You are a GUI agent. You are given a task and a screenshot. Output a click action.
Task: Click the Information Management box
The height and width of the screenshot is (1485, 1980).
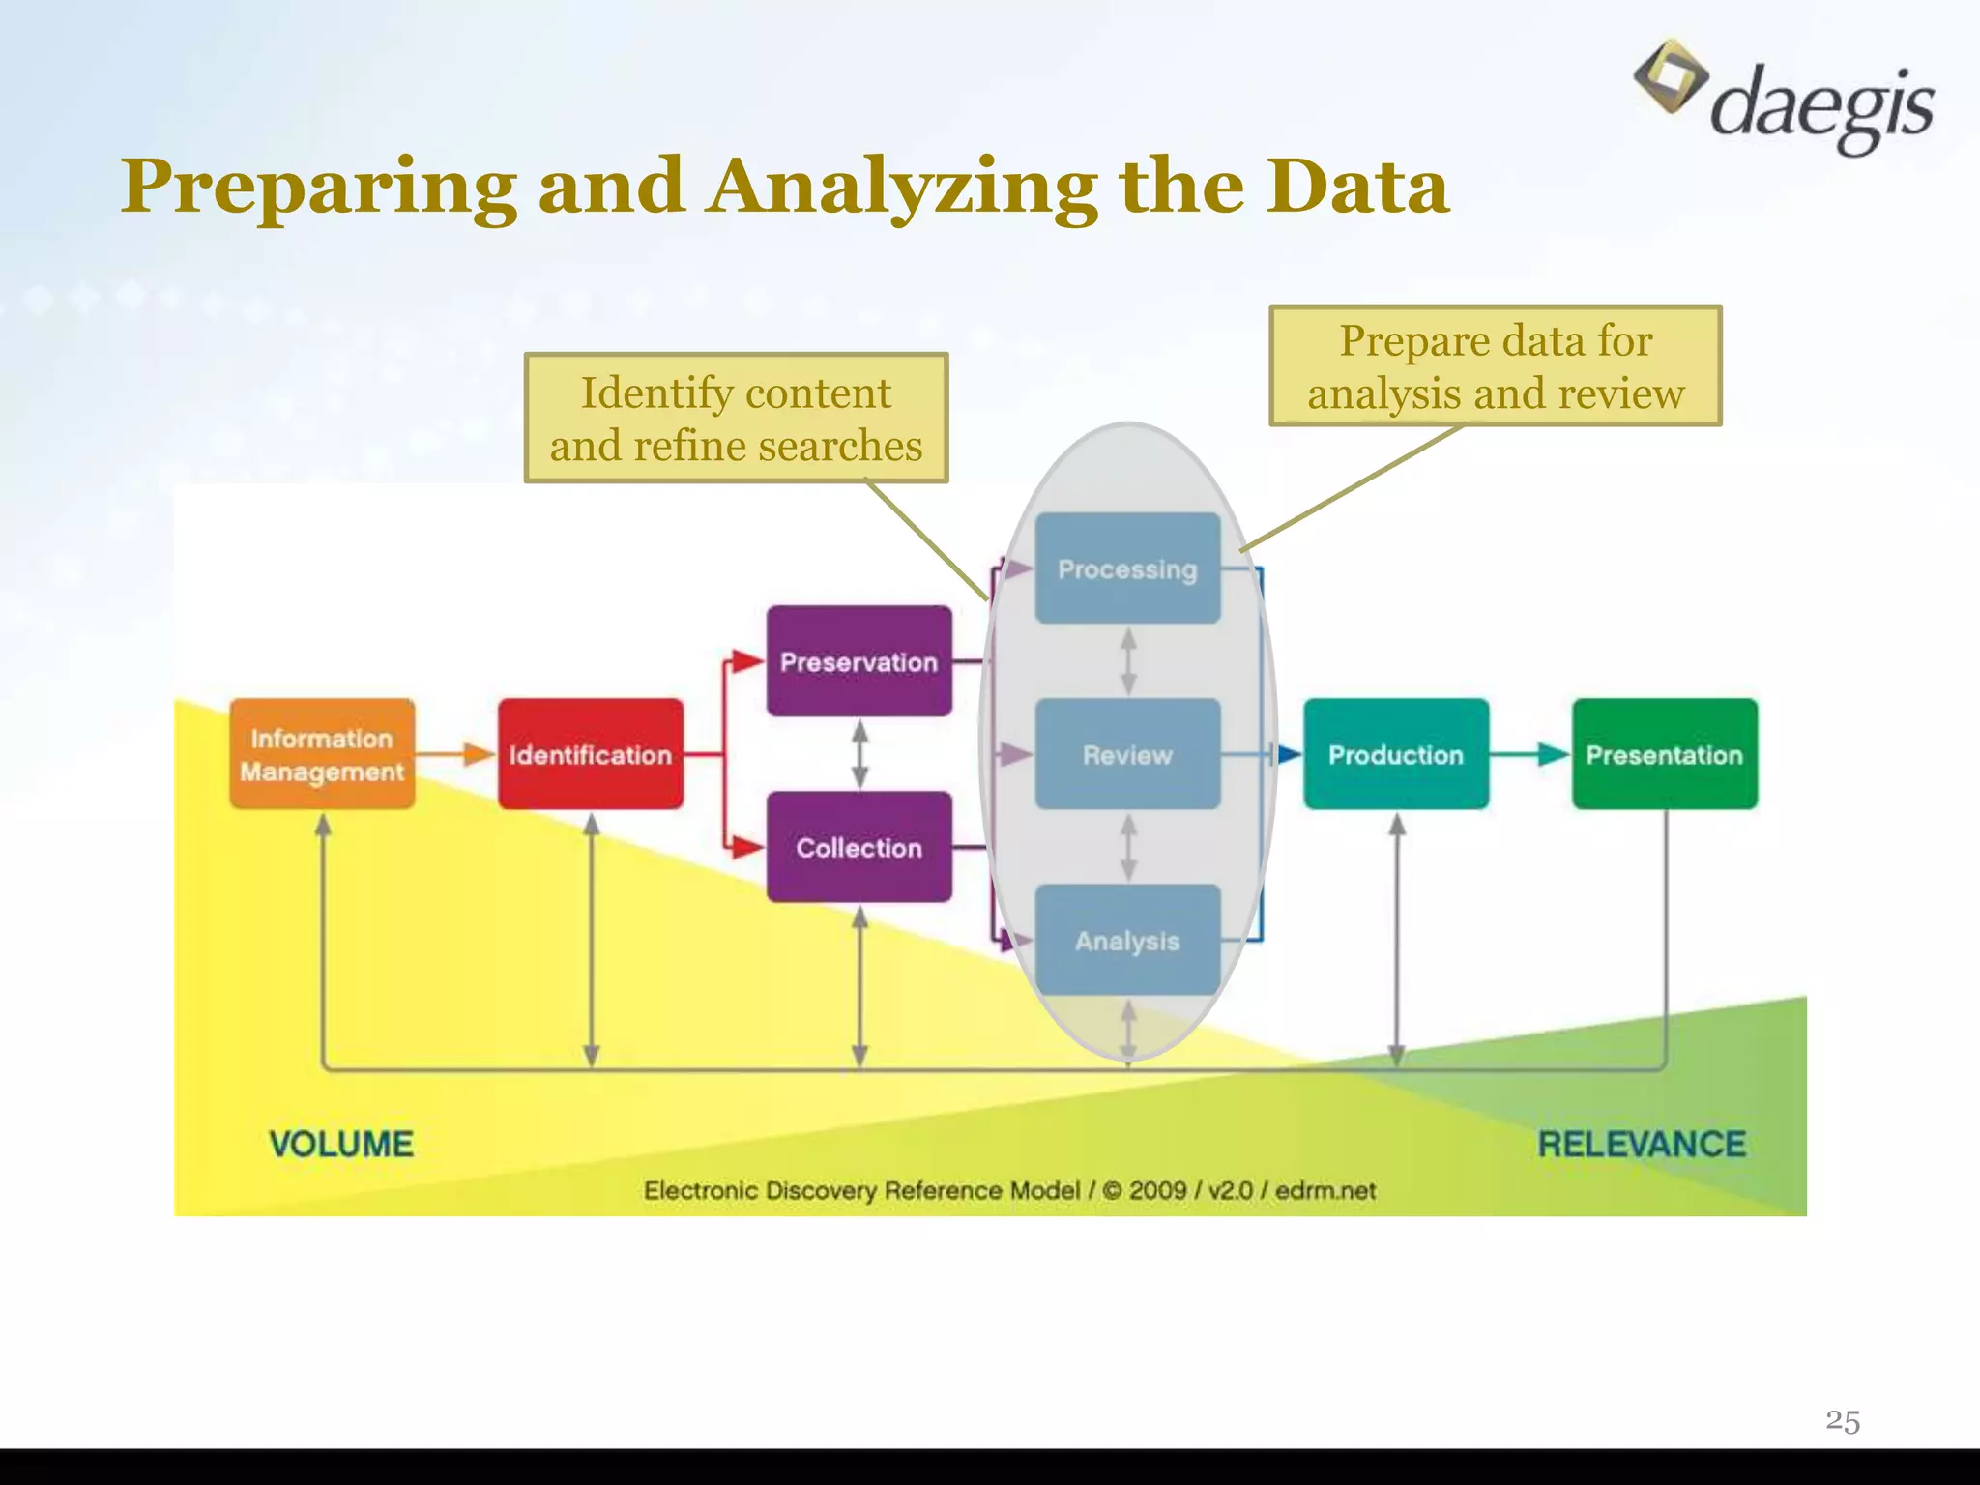[322, 754]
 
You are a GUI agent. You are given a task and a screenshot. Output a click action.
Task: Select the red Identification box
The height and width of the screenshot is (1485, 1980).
[591, 754]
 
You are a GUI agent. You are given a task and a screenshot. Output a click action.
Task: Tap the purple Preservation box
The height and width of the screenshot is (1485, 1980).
[859, 661]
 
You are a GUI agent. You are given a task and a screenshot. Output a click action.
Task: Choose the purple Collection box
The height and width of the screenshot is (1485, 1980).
[859, 847]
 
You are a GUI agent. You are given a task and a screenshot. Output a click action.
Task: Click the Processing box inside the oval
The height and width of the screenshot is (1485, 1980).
[1127, 568]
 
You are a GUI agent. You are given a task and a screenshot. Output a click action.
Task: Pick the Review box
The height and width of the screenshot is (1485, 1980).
[1127, 754]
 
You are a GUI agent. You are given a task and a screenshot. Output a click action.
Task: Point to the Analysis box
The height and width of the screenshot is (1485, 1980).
[1127, 940]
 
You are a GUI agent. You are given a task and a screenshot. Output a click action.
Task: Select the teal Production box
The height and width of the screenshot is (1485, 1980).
[1396, 754]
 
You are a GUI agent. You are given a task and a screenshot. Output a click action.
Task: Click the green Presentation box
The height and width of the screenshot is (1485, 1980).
[1664, 754]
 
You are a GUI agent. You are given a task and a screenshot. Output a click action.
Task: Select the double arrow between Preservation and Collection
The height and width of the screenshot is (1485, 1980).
[859, 754]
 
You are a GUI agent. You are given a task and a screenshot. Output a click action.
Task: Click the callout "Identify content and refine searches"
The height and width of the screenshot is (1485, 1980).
[736, 418]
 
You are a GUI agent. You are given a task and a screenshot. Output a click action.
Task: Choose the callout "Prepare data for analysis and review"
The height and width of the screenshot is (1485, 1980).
[1495, 365]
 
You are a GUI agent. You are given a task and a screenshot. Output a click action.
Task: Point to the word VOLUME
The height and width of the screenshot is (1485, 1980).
[341, 1144]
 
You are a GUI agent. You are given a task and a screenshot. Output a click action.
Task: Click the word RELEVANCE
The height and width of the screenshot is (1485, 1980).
[1642, 1144]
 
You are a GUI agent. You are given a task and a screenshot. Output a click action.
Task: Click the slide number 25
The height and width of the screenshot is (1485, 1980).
[1843, 1420]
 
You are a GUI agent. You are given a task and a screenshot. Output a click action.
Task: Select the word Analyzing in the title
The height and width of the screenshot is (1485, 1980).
[903, 187]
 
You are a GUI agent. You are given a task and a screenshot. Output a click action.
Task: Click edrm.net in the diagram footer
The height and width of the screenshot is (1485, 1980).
[1325, 1190]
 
